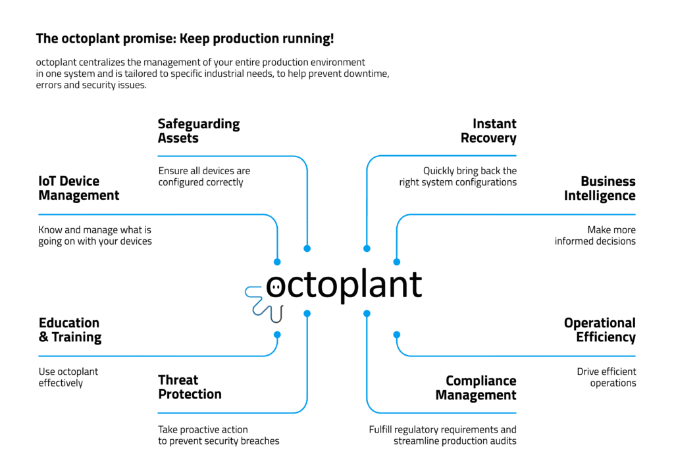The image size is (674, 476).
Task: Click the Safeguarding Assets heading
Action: coord(199,131)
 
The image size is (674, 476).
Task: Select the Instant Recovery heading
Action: coord(488,131)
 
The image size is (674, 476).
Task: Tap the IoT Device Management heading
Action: coord(79,188)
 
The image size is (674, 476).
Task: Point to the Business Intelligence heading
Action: coord(600,188)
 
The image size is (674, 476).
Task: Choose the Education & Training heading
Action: coord(70,330)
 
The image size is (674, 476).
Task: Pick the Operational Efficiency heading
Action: coord(600,330)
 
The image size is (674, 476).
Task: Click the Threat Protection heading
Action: coord(190,387)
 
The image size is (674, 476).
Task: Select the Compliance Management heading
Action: coord(476,388)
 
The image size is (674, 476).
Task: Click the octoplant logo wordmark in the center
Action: coord(344,284)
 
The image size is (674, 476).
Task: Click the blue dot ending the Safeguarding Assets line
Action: coord(307,249)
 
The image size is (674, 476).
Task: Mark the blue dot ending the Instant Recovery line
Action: coord(367,249)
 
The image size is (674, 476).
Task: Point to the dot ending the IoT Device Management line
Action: coord(277,262)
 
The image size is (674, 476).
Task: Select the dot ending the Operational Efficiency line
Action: coord(397,335)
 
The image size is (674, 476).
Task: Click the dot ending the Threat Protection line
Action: coord(307,314)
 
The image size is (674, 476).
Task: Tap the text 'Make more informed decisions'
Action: coord(595,235)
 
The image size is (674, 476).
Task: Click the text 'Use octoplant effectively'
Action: coord(68,377)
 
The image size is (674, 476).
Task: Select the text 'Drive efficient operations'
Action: coord(606,377)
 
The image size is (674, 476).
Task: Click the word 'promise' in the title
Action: coord(149,39)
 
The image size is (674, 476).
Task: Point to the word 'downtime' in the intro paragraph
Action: coord(369,74)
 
